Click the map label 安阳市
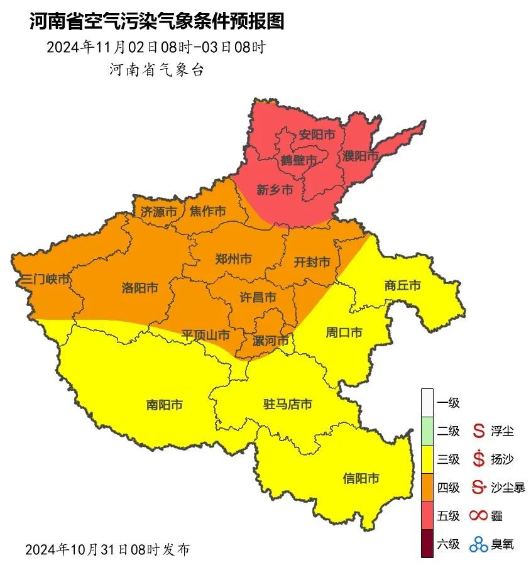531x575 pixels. [x=316, y=135]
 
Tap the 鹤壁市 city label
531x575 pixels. [x=298, y=161]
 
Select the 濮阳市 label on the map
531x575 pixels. [x=361, y=156]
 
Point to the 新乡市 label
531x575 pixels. [x=275, y=190]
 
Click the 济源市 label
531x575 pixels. [x=158, y=212]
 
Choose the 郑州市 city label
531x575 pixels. [x=233, y=259]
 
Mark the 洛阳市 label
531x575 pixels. [x=140, y=288]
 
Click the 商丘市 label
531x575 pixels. [x=402, y=285]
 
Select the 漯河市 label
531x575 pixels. [x=270, y=341]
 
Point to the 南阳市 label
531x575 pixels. [x=165, y=405]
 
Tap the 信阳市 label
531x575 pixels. [x=361, y=478]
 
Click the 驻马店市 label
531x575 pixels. [x=287, y=404]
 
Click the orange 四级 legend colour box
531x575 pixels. [x=427, y=488]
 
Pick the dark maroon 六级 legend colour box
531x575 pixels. [x=427, y=544]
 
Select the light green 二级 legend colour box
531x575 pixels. [x=427, y=431]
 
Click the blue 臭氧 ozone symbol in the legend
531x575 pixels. [x=479, y=544]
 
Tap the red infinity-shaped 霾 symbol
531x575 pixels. [x=479, y=516]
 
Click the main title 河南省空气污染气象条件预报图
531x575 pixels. [x=157, y=22]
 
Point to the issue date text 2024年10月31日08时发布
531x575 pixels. [x=107, y=549]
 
